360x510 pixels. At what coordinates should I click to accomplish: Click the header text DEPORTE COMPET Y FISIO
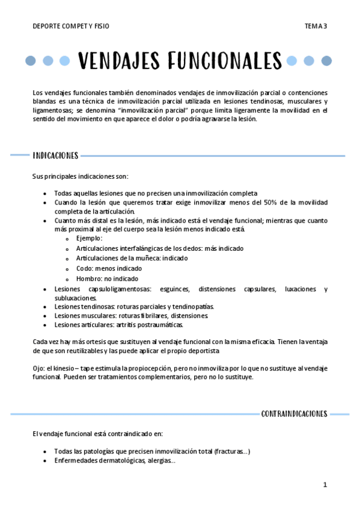(71, 26)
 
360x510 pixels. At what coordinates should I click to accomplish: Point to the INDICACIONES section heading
(55, 156)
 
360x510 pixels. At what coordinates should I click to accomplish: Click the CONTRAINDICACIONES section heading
(294, 414)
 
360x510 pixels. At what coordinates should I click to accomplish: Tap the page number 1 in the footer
(325, 484)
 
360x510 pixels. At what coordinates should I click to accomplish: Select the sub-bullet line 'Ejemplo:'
(89, 238)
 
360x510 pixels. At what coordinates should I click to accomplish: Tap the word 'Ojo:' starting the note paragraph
(39, 368)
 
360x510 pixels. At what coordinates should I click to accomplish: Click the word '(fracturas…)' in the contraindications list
(232, 452)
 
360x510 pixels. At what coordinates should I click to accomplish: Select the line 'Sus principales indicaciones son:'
(80, 176)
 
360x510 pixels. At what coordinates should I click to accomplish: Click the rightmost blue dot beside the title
(326, 61)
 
